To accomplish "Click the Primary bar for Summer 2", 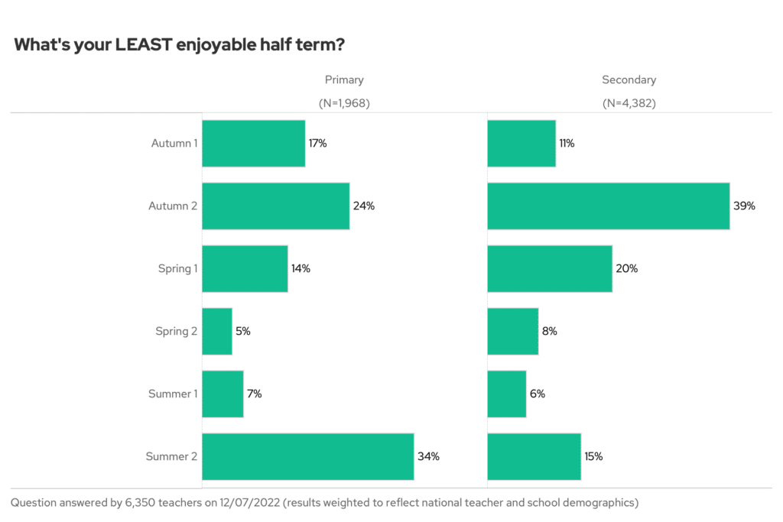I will tap(307, 456).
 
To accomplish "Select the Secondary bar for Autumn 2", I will tap(608, 206).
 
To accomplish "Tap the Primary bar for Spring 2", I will tap(217, 331).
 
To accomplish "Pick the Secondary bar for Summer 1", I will tap(506, 394).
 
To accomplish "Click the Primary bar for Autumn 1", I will tap(253, 143).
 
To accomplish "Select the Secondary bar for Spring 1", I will tap(549, 268).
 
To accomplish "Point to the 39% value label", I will tap(744, 206).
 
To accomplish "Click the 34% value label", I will tap(428, 456).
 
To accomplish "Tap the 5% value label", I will tap(243, 331).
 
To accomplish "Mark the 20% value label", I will tap(626, 268).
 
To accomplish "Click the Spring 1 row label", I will tap(177, 268).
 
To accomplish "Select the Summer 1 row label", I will tap(173, 394).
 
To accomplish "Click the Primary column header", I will tap(344, 79).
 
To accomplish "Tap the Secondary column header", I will tap(629, 79).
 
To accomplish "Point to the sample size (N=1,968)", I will tap(344, 103).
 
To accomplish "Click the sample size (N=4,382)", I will tap(629, 103).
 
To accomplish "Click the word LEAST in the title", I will tap(143, 45).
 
